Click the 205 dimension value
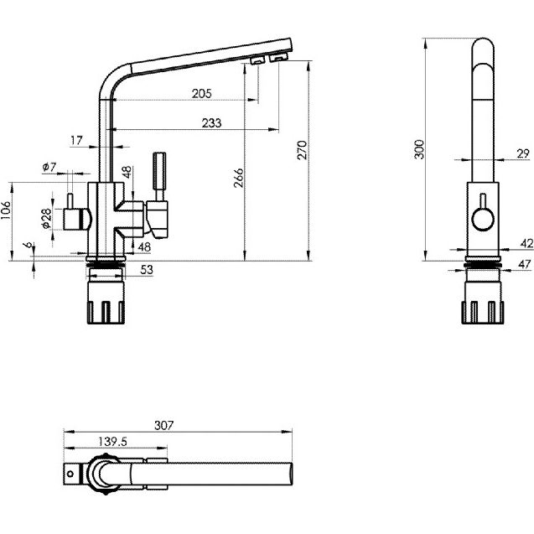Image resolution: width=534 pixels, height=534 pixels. pyautogui.click(x=200, y=93)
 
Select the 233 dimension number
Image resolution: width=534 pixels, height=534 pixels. pyautogui.click(x=212, y=122)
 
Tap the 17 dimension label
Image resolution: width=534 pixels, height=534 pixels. pyautogui.click(x=77, y=141)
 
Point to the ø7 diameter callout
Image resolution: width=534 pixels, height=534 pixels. pyautogui.click(x=49, y=167)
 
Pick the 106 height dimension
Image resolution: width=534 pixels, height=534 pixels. pyautogui.click(x=8, y=211)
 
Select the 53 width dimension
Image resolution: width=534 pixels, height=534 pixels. pyautogui.click(x=146, y=269)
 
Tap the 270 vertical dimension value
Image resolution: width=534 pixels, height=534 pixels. pyautogui.click(x=303, y=149)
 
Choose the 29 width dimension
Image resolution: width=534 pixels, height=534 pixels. pyautogui.click(x=522, y=153)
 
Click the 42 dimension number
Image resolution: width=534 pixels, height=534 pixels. pyautogui.click(x=526, y=243)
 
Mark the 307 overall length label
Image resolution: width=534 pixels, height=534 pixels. pyautogui.click(x=164, y=425)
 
